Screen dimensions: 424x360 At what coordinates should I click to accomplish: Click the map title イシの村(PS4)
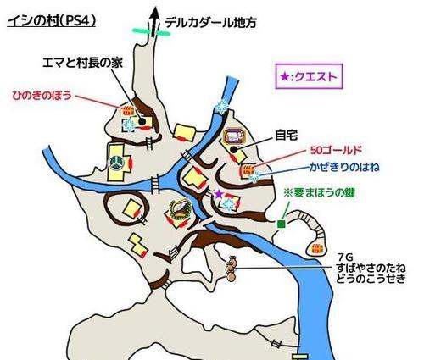[52, 21]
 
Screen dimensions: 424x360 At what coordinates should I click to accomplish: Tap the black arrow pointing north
[154, 22]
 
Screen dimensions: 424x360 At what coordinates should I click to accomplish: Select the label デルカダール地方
[210, 23]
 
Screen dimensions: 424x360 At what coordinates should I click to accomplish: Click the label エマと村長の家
[82, 63]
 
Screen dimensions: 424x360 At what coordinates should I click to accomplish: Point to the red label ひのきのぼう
[42, 96]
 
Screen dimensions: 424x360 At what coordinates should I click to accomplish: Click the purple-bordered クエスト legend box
[309, 76]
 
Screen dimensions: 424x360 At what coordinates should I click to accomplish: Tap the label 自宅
[287, 136]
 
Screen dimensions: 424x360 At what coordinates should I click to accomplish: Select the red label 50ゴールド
[336, 150]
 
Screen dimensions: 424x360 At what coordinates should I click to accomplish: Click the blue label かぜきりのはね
[344, 167]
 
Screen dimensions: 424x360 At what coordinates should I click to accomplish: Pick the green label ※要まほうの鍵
[319, 193]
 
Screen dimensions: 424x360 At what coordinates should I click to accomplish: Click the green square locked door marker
[281, 224]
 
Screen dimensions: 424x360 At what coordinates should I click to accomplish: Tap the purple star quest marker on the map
[218, 194]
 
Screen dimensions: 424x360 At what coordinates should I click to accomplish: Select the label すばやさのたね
[371, 267]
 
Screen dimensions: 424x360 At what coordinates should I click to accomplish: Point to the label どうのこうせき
[371, 278]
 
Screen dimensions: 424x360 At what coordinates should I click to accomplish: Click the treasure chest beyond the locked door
[317, 249]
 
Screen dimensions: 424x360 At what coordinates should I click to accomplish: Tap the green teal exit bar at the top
[151, 31]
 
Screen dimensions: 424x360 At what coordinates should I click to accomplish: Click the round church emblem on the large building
[116, 163]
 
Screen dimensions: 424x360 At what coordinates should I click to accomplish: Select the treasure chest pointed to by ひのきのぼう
[128, 110]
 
